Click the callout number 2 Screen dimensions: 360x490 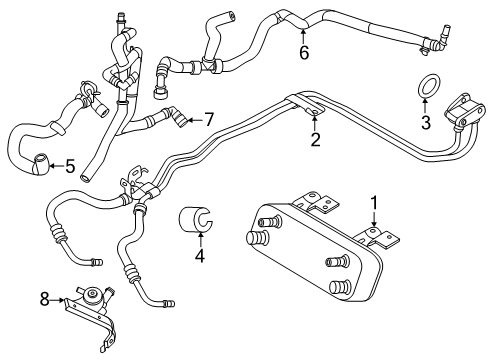(315, 141)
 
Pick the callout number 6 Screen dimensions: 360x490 (304, 54)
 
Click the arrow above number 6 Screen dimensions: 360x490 (304, 37)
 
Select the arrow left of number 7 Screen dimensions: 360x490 (193, 119)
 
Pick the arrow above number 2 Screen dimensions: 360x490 (315, 126)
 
